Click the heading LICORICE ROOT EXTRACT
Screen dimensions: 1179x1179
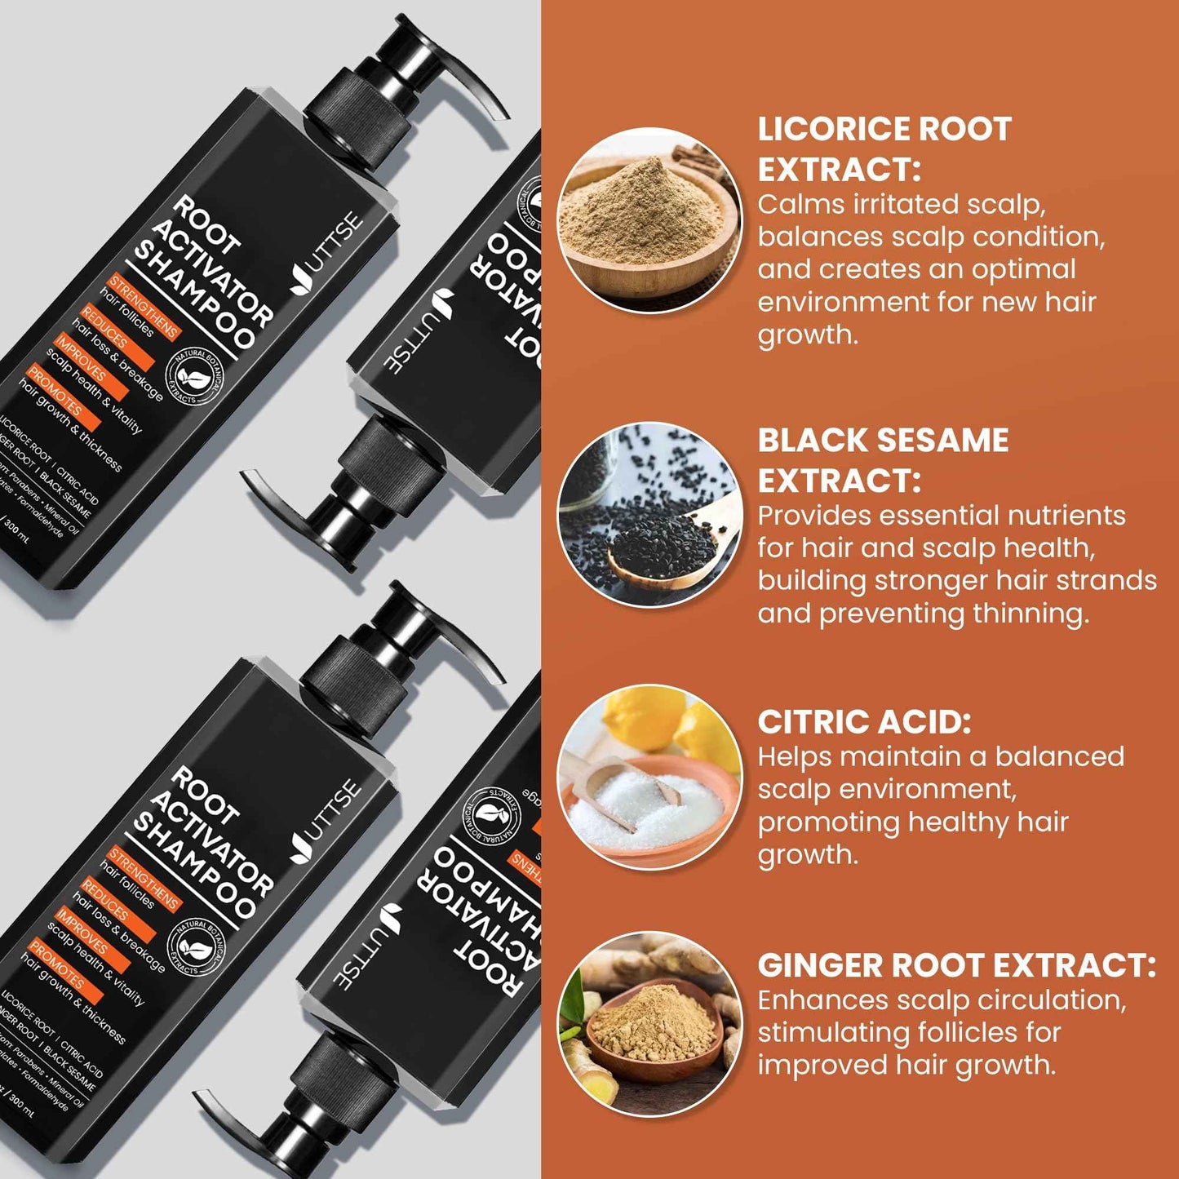tap(884, 148)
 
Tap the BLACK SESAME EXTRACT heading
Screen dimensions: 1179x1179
tap(883, 460)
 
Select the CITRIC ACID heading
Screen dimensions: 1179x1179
tap(864, 722)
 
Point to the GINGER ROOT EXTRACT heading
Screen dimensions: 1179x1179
tap(956, 965)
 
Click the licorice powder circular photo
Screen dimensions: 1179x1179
tap(649, 220)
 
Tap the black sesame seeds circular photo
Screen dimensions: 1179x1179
tap(649, 514)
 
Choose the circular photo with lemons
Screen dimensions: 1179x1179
tap(649, 776)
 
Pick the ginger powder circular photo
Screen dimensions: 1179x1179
tap(649, 1024)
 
